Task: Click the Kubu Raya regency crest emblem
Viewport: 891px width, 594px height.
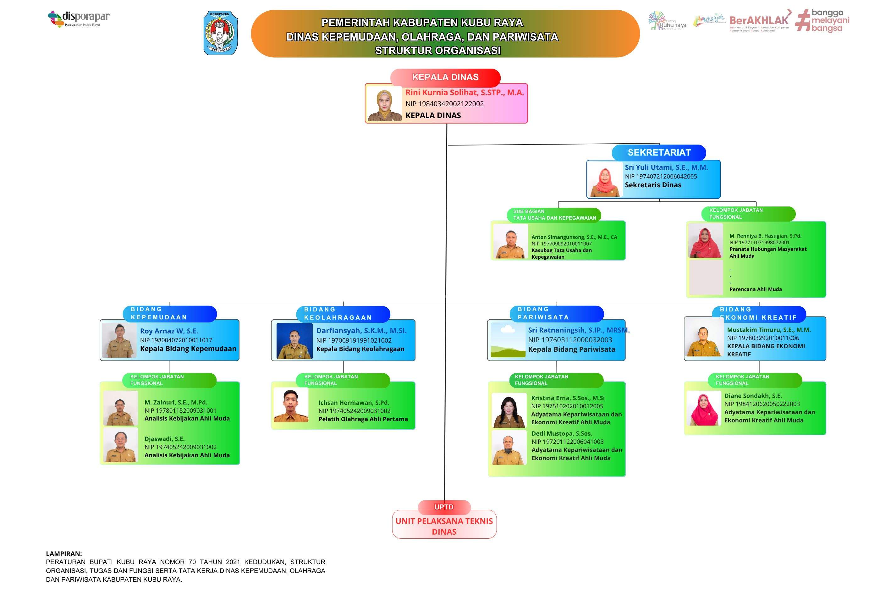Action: (221, 33)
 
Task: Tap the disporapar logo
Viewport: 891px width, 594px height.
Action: (79, 19)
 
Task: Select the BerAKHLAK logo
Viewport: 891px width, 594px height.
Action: (760, 21)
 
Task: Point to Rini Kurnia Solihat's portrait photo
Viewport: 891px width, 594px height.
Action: (384, 103)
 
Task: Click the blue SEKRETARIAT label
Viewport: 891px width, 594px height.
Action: (659, 153)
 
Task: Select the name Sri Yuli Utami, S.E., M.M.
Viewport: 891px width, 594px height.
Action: (666, 168)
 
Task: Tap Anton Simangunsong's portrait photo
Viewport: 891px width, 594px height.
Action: (511, 241)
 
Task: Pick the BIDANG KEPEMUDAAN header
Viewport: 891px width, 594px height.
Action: (169, 314)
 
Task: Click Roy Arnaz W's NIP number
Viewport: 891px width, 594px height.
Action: (176, 340)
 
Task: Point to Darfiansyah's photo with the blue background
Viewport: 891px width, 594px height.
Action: (294, 341)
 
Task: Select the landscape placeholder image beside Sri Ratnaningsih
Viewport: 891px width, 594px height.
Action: (508, 340)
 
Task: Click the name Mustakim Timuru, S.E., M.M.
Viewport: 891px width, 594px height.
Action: (769, 330)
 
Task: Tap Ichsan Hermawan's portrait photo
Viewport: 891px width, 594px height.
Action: (291, 405)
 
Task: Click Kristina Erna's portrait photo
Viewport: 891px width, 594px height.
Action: (509, 410)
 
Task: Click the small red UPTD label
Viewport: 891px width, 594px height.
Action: (444, 507)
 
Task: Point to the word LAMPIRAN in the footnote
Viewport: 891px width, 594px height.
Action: (63, 554)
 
